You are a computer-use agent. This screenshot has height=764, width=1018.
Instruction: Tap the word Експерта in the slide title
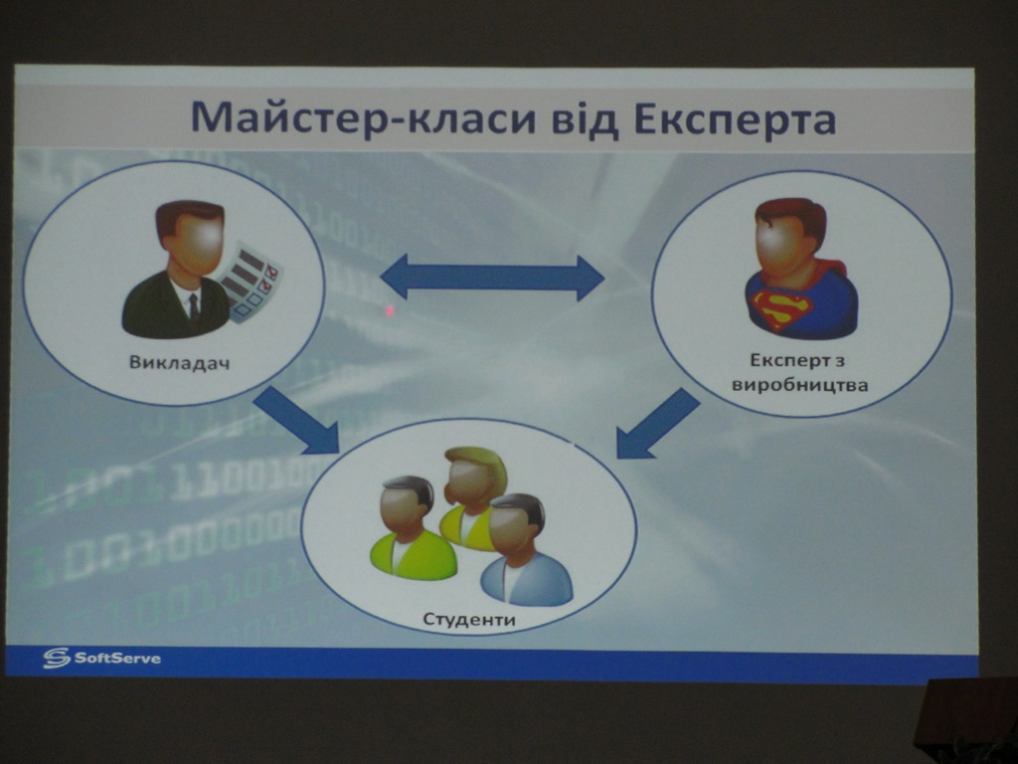point(735,120)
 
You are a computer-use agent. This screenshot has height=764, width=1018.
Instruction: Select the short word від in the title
point(587,119)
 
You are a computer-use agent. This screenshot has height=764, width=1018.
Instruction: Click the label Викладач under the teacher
point(180,361)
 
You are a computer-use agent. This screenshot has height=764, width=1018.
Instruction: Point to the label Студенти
point(469,619)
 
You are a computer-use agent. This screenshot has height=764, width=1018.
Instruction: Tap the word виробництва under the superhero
point(800,385)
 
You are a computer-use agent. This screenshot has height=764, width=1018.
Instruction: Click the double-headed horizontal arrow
point(492,279)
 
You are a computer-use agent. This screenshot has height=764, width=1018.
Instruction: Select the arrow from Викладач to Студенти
point(297,420)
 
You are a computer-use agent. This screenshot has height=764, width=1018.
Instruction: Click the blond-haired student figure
point(474,497)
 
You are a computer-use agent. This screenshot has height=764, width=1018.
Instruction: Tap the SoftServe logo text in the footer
point(117,658)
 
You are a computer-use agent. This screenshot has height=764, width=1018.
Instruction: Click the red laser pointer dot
point(390,310)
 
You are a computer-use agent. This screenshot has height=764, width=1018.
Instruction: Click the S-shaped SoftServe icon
point(57,658)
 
